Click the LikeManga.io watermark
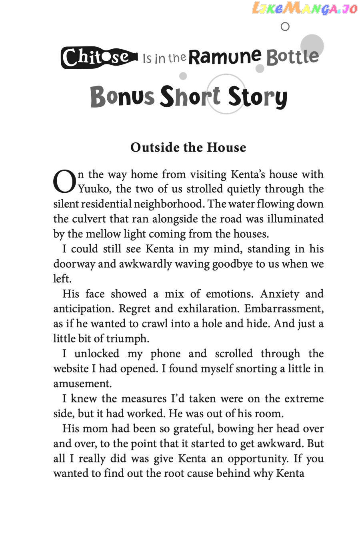pyautogui.click(x=304, y=9)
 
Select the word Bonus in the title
pyautogui.click(x=122, y=96)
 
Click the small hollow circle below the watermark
pyautogui.click(x=285, y=27)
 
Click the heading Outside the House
pyautogui.click(x=188, y=147)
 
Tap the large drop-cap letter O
pyautogui.click(x=64, y=182)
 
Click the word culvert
pyautogui.click(x=89, y=219)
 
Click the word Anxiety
pyautogui.click(x=280, y=294)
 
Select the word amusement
pyautogui.click(x=82, y=384)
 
